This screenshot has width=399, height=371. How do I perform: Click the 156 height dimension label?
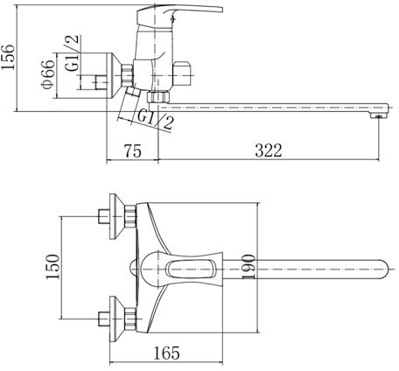(x=8, y=57)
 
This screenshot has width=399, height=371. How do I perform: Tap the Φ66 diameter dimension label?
(x=48, y=74)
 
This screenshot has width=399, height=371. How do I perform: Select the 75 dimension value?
(x=133, y=150)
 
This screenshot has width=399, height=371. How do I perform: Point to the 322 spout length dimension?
(x=269, y=150)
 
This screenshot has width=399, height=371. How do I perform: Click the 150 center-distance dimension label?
(x=52, y=267)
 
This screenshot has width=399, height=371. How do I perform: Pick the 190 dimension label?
(x=248, y=266)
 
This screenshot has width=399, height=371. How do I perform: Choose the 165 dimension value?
(x=166, y=353)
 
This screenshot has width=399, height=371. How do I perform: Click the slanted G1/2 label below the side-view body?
(x=155, y=119)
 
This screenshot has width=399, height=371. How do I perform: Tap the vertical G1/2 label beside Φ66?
(x=72, y=53)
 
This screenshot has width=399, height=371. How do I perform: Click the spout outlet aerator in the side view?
(x=378, y=115)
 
